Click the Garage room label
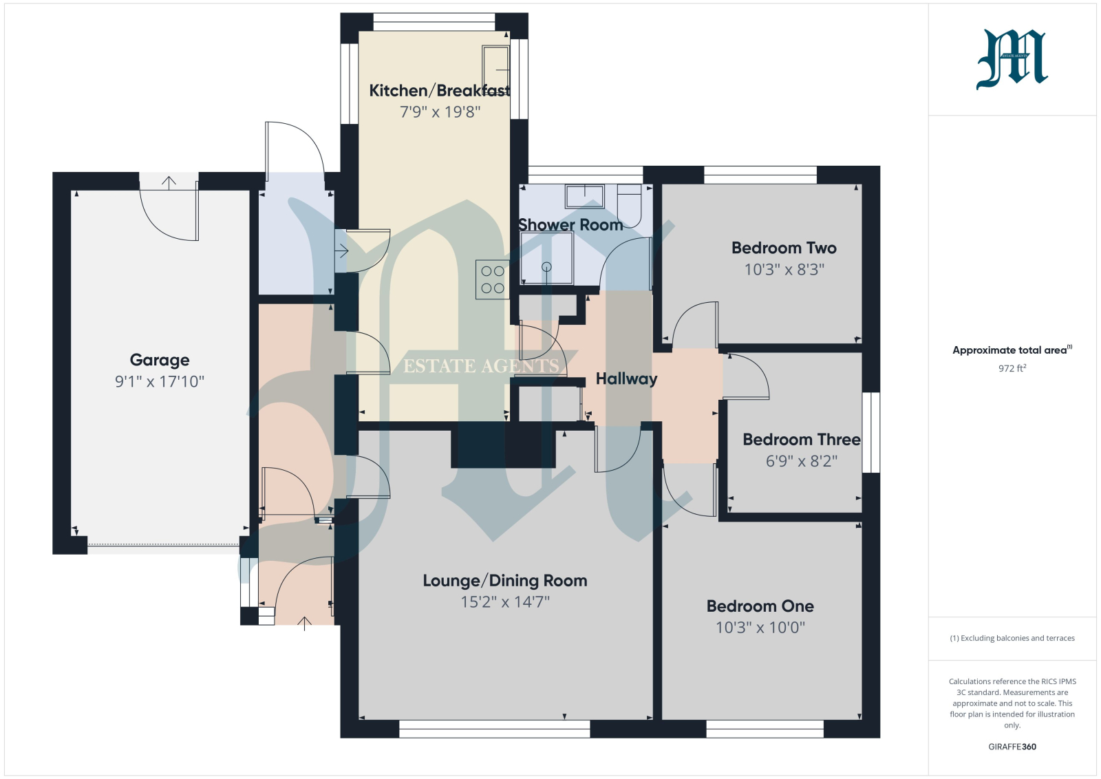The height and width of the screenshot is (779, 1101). pyautogui.click(x=159, y=361)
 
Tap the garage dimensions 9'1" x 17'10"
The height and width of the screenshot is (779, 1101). pyautogui.click(x=159, y=381)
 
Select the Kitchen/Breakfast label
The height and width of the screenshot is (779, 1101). pyautogui.click(x=440, y=90)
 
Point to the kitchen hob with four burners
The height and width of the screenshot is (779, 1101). pyautogui.click(x=493, y=279)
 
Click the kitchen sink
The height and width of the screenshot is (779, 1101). pyautogui.click(x=495, y=66)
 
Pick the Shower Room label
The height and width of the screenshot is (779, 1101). pyautogui.click(x=570, y=224)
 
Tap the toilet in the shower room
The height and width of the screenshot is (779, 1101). pyautogui.click(x=629, y=206)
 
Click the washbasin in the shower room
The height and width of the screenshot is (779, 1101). pyautogui.click(x=584, y=196)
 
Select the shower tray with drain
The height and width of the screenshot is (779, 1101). pyautogui.click(x=546, y=258)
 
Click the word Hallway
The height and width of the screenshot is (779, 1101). pyautogui.click(x=626, y=378)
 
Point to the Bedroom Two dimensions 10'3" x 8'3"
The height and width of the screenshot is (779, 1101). pyautogui.click(x=784, y=269)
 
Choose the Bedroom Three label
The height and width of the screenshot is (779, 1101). pyautogui.click(x=801, y=439)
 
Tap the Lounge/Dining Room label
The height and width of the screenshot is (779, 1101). pyautogui.click(x=505, y=580)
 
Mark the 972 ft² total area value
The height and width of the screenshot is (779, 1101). pyautogui.click(x=1012, y=368)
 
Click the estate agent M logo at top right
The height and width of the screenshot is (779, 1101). pyautogui.click(x=1012, y=59)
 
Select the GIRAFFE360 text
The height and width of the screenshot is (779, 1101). pyautogui.click(x=1012, y=747)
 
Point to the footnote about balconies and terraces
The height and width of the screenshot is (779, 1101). pyautogui.click(x=1012, y=638)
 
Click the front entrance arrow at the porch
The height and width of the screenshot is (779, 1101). pyautogui.click(x=305, y=623)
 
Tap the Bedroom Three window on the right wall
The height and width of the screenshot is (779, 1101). pyautogui.click(x=871, y=432)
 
